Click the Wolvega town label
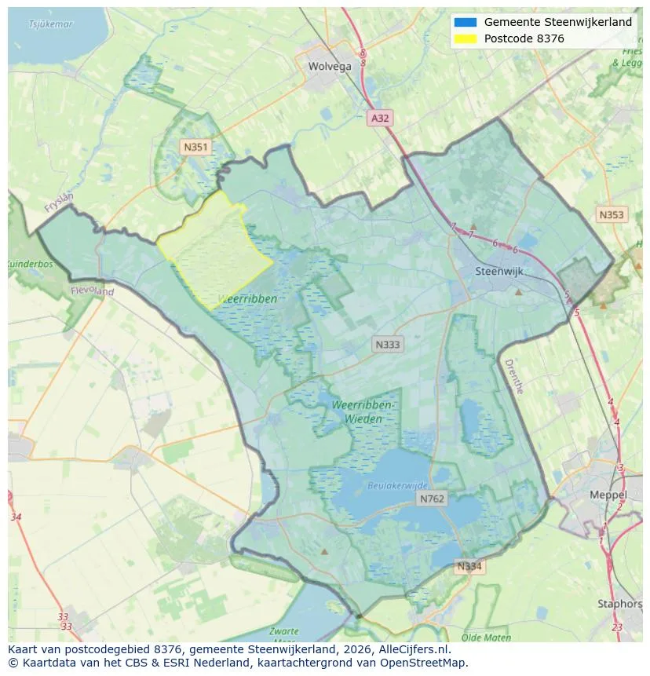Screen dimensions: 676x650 (330, 67)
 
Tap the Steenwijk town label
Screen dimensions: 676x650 (499, 272)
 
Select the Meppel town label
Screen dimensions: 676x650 (608, 495)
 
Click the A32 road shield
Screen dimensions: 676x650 (380, 118)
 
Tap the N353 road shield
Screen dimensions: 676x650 (612, 214)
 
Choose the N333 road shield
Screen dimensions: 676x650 (387, 344)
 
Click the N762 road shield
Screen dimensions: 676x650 (432, 499)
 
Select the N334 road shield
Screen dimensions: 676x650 (470, 566)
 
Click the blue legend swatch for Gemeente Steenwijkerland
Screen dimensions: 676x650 (465, 22)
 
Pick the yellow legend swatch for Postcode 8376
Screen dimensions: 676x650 (465, 38)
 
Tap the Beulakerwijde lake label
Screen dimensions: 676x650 (398, 486)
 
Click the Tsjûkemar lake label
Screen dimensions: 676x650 (51, 24)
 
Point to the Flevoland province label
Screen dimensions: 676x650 (93, 291)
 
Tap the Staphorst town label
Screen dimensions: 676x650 (619, 604)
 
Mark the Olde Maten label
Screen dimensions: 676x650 (486, 638)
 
